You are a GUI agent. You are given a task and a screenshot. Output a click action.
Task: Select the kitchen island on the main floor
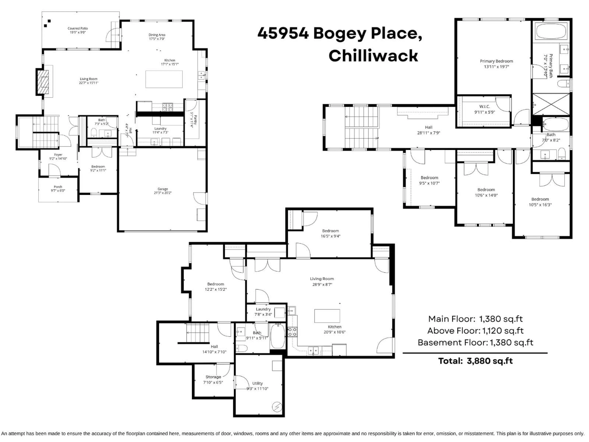(164, 79)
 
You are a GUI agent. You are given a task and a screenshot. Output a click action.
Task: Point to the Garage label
(162, 189)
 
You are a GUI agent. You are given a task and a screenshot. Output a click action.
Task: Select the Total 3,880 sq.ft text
(475, 361)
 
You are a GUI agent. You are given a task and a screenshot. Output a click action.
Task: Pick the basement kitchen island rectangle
(327, 316)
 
